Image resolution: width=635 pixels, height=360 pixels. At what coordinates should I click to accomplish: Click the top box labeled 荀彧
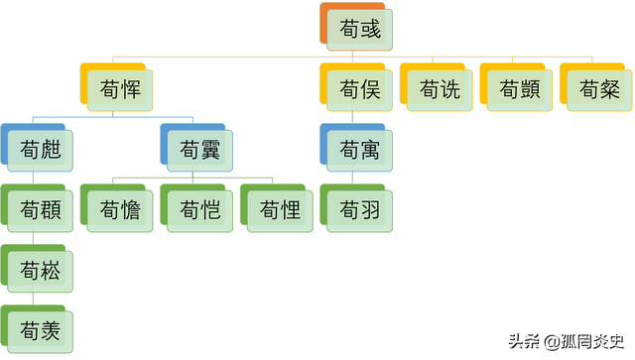click(x=358, y=30)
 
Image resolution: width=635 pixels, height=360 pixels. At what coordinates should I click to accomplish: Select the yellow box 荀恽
click(x=120, y=90)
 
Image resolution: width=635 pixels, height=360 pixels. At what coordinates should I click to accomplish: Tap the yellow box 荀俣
click(x=358, y=90)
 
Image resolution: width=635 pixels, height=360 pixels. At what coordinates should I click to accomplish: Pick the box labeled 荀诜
click(x=439, y=90)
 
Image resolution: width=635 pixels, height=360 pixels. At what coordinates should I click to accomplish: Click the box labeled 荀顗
click(x=518, y=90)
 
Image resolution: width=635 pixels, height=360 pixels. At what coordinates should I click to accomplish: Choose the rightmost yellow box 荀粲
click(x=597, y=90)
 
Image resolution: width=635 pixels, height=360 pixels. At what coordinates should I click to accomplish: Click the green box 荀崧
click(x=41, y=269)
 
